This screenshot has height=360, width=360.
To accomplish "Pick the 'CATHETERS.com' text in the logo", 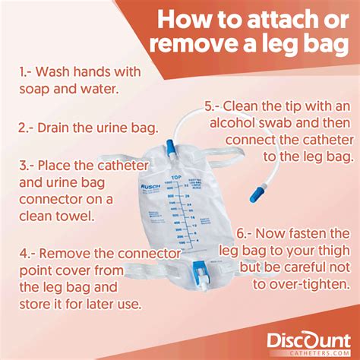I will point(312,350).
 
